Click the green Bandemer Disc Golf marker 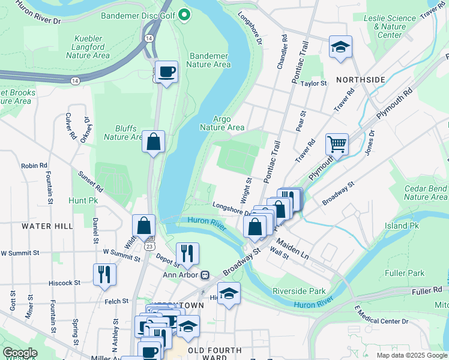[185, 14]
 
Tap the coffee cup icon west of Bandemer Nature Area [166, 72]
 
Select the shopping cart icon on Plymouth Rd [337, 144]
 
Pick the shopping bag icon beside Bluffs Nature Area [154, 142]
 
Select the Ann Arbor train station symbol [205, 275]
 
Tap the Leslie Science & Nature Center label [391, 26]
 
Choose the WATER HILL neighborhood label [47, 226]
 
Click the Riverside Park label [299, 291]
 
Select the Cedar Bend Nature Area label [426, 193]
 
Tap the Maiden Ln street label [293, 250]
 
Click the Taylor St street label [313, 83]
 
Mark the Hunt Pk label [83, 200]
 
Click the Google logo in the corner [20, 353]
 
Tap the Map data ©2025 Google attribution [411, 355]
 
